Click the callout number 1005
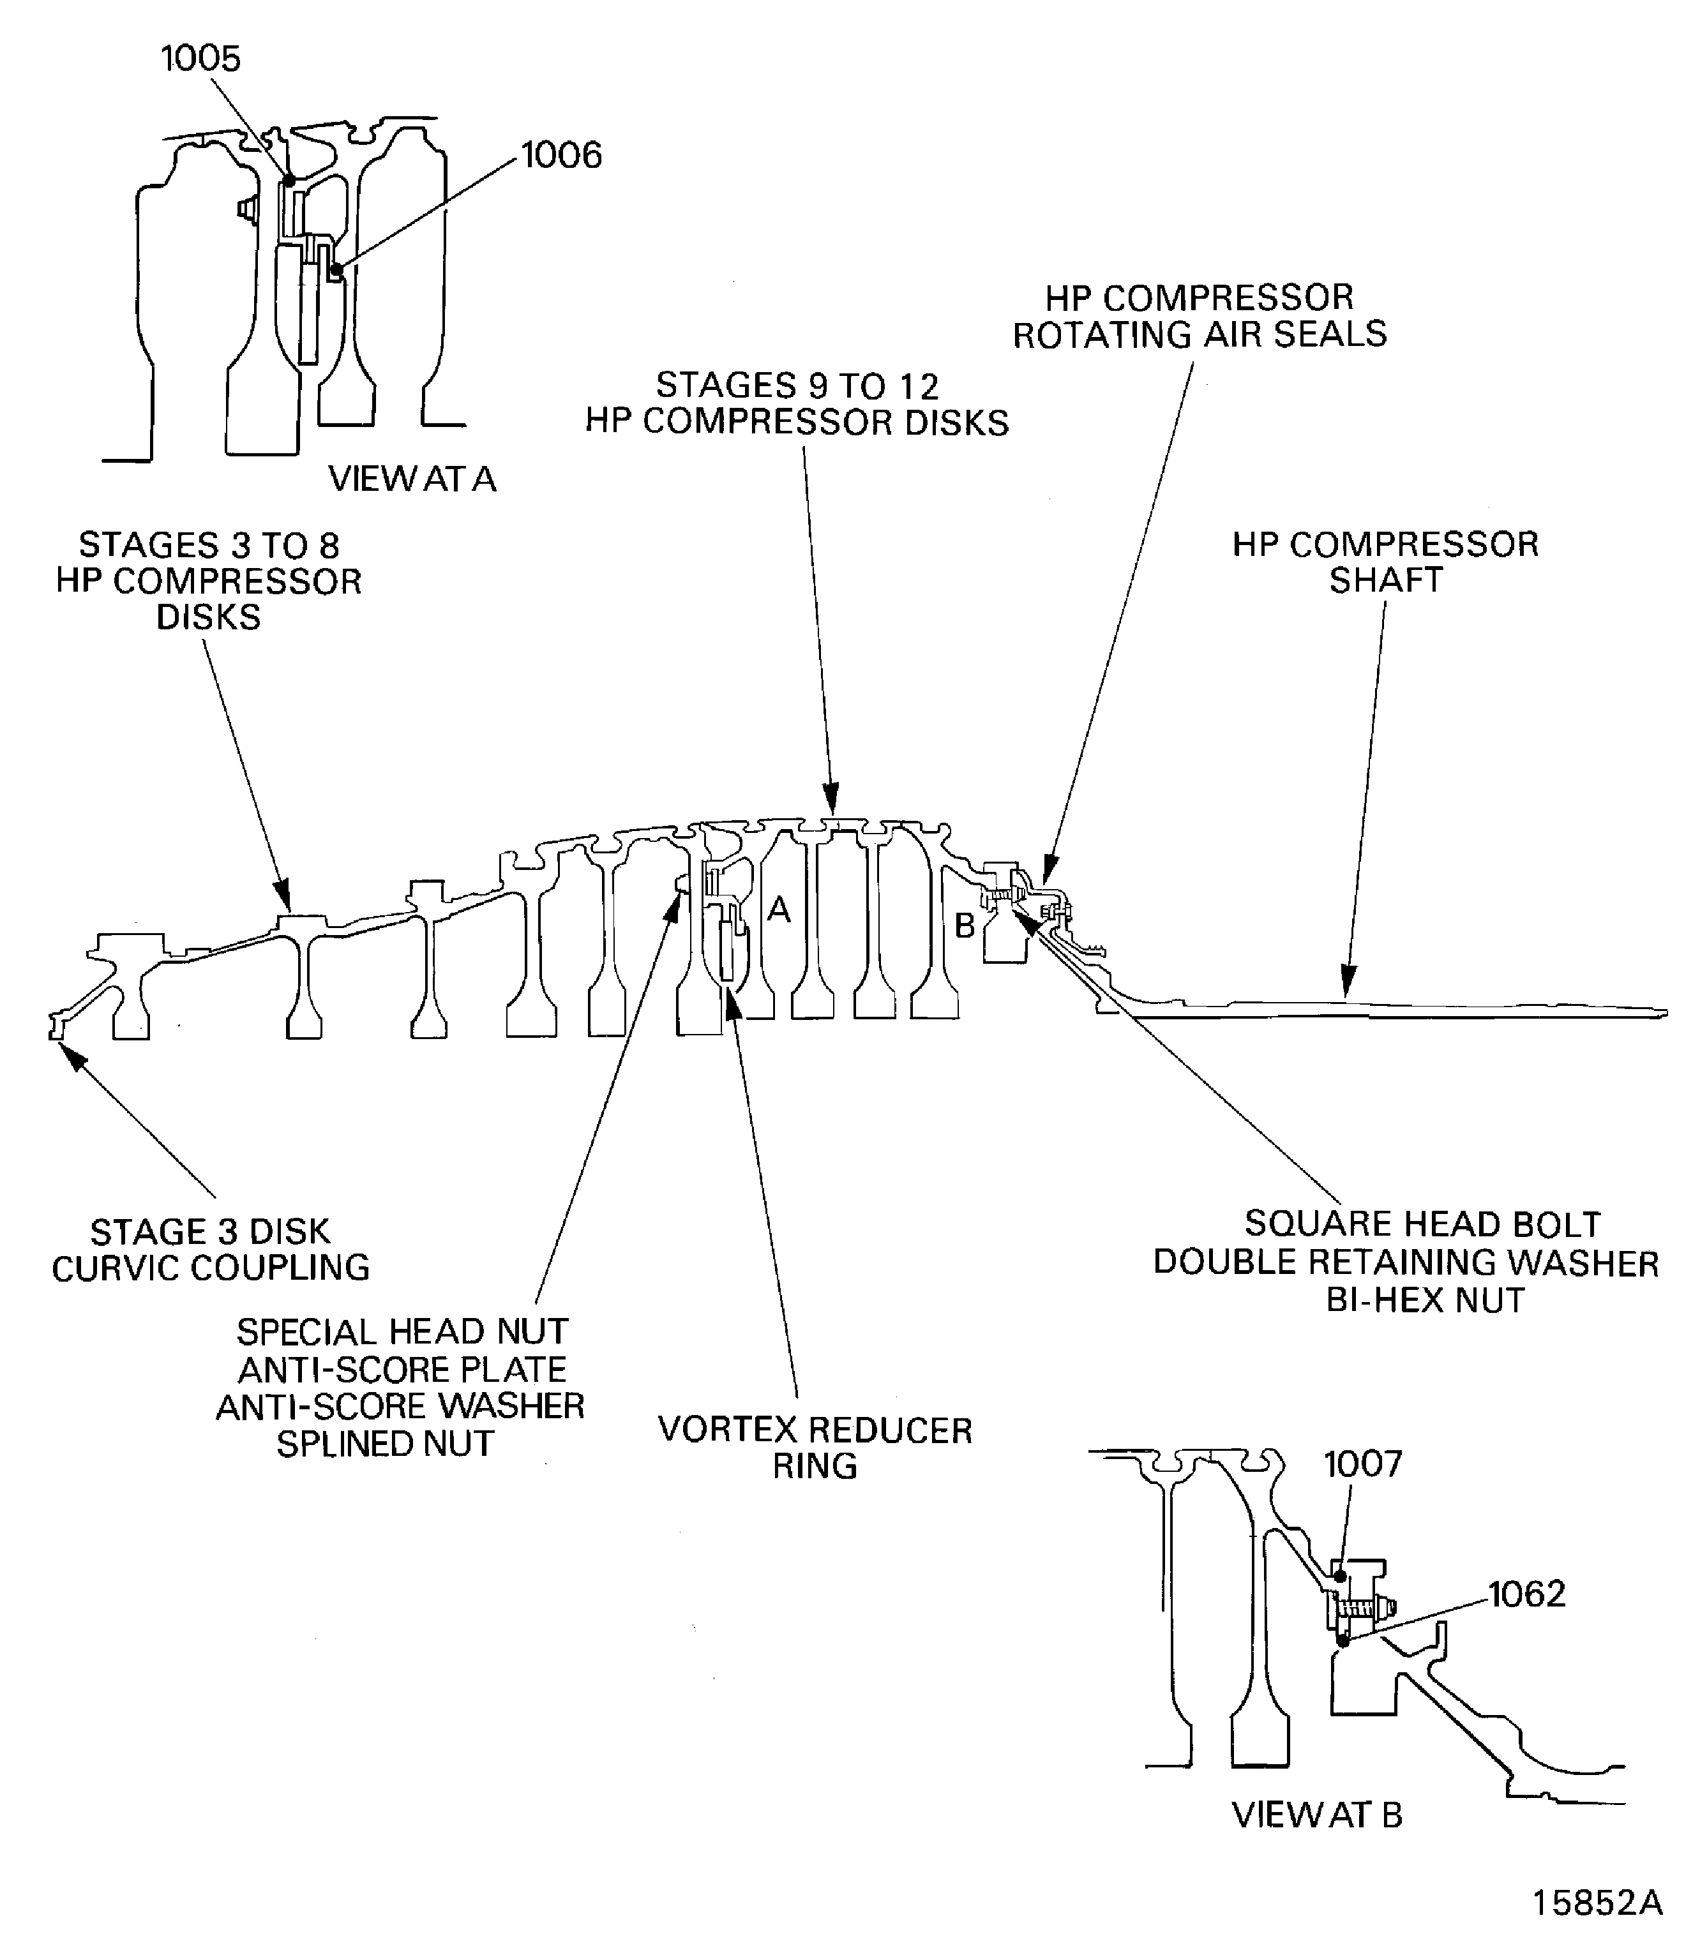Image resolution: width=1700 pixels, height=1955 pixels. [201, 59]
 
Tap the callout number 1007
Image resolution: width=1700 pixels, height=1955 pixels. [1362, 1464]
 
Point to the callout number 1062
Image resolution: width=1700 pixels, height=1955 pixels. [1526, 1594]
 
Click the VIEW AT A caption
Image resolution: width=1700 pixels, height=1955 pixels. [412, 479]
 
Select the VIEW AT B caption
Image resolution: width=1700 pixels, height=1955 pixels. [1317, 1815]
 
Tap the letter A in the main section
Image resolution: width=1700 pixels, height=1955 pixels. [778, 910]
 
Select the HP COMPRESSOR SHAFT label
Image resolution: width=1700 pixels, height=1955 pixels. [1385, 562]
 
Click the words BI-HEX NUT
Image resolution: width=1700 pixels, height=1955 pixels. [1425, 1300]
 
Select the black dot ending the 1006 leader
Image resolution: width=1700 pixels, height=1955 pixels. [336, 269]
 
